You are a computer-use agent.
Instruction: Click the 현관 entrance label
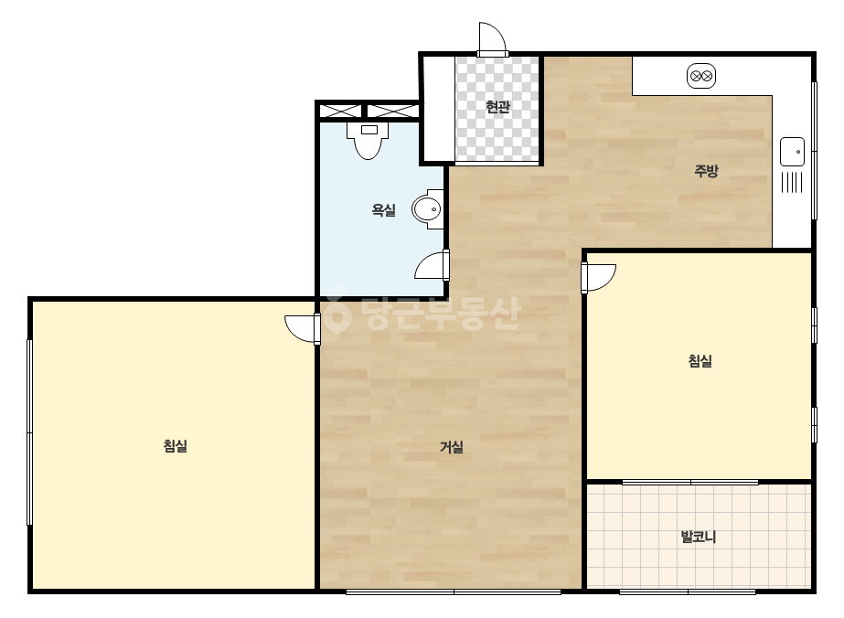pyautogui.click(x=497, y=107)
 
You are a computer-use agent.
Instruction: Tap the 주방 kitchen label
pyautogui.click(x=706, y=171)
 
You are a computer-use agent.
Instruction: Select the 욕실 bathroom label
pyautogui.click(x=384, y=210)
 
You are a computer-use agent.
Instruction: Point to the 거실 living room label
pyautogui.click(x=452, y=447)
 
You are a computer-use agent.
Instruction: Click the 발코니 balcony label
pyautogui.click(x=698, y=537)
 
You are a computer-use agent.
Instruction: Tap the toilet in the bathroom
pyautogui.click(x=369, y=141)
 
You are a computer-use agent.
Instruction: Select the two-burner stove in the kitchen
pyautogui.click(x=700, y=76)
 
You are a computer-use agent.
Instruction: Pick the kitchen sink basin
pyautogui.click(x=792, y=152)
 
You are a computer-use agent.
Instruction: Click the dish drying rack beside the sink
pyautogui.click(x=792, y=182)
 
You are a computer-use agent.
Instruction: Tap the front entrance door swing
pyautogui.click(x=492, y=38)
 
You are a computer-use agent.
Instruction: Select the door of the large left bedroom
pyautogui.click(x=303, y=329)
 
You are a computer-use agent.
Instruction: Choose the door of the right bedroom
pyautogui.click(x=598, y=278)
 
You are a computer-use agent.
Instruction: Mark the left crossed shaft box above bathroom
pyautogui.click(x=340, y=112)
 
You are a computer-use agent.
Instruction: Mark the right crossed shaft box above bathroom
pyautogui.click(x=392, y=112)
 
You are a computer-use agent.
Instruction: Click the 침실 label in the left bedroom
pyautogui.click(x=176, y=446)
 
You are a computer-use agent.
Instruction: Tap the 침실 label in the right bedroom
pyautogui.click(x=700, y=361)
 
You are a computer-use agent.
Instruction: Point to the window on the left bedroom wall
pyautogui.click(x=29, y=432)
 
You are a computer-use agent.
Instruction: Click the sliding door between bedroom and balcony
pyautogui.click(x=690, y=482)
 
